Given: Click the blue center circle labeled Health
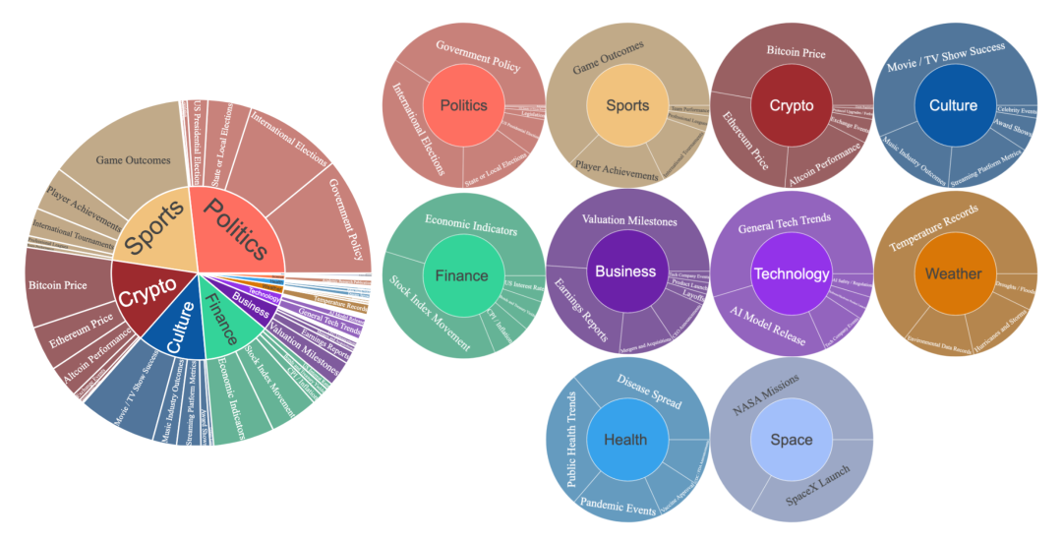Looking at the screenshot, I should pos(627,440).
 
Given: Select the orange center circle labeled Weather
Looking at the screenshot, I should pos(954,273).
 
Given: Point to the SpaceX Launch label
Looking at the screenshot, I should pos(819,489).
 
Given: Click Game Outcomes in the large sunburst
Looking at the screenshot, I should pos(133,159).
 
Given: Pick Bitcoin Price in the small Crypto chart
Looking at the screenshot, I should pos(796,53).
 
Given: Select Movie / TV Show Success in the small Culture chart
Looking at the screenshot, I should pos(945,56).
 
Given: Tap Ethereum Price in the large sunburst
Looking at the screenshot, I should pos(83,330).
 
